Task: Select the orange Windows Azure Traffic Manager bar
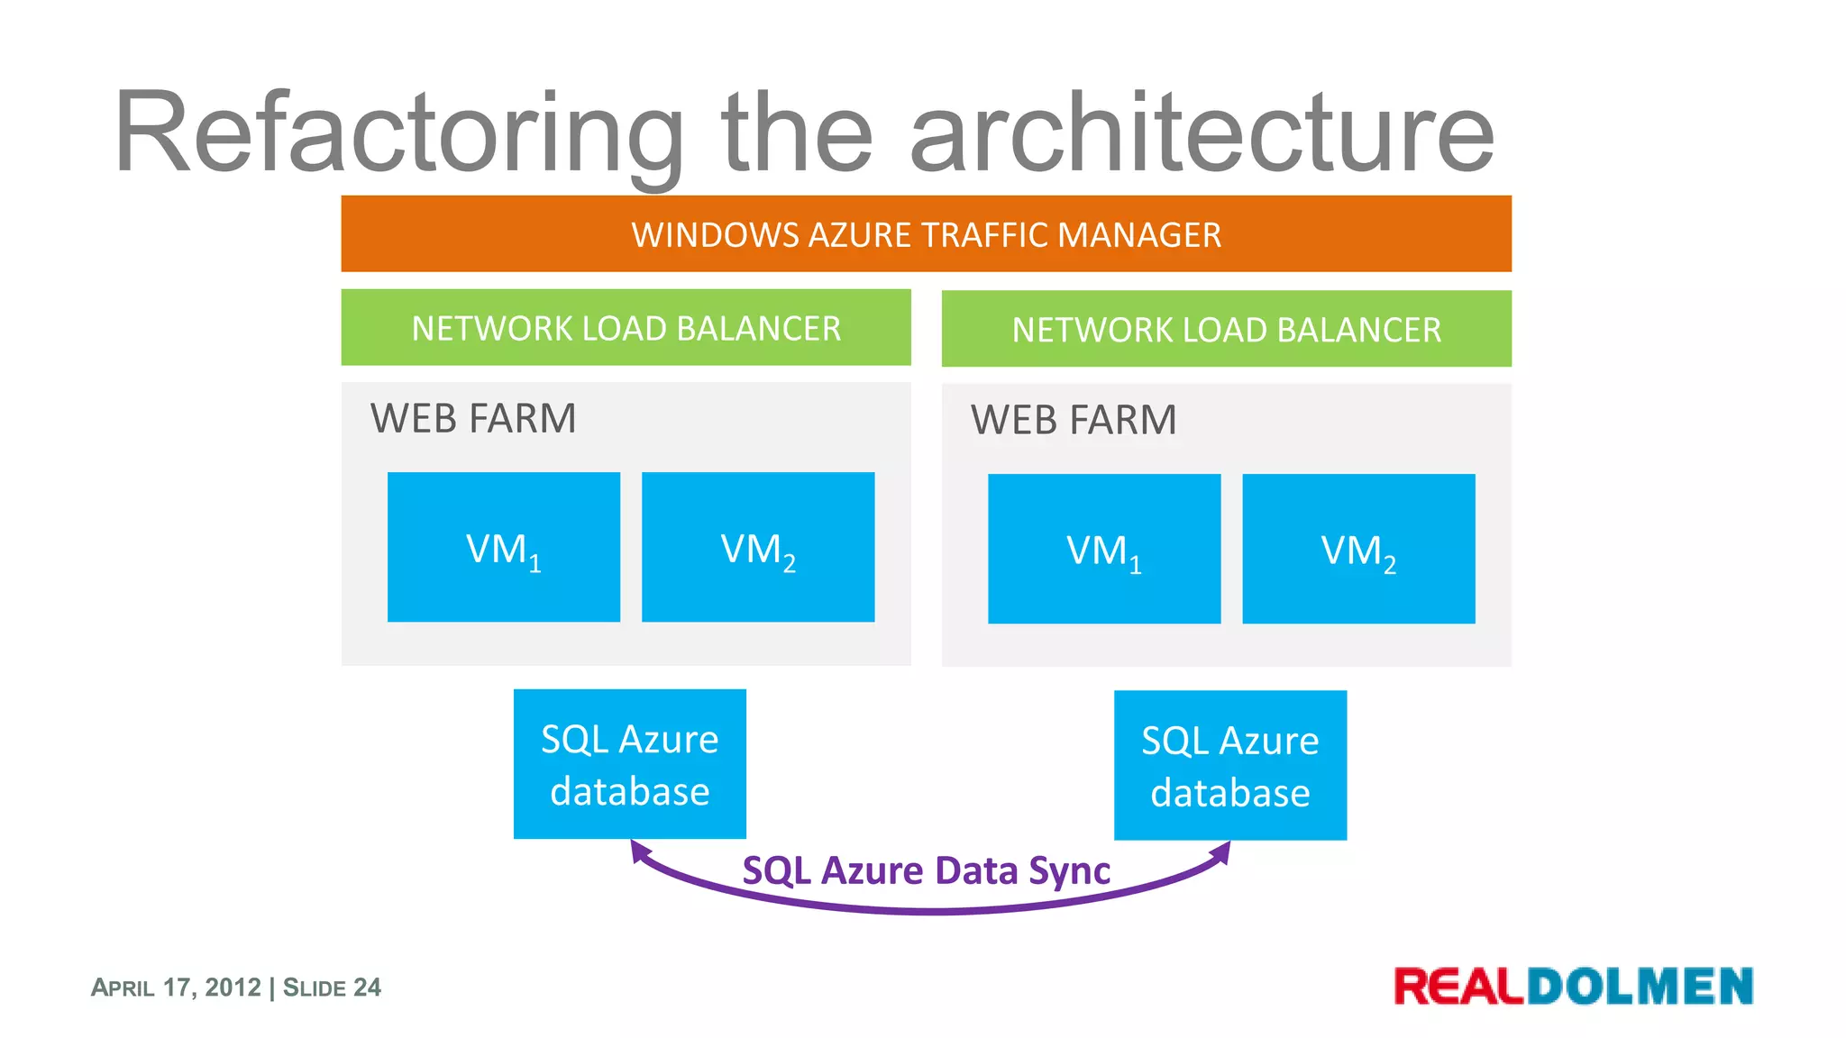click(x=926, y=234)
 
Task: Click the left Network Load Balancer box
click(x=626, y=328)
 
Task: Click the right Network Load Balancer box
click(x=1226, y=330)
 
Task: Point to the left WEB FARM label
click(x=473, y=419)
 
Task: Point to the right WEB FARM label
click(x=1074, y=421)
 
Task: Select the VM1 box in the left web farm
click(x=503, y=547)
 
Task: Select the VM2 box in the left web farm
click(x=757, y=547)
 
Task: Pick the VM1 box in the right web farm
click(x=1103, y=549)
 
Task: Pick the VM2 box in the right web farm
click(x=1357, y=549)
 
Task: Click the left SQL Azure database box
click(x=629, y=764)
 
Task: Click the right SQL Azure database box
click(x=1229, y=766)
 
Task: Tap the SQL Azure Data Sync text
click(x=926, y=871)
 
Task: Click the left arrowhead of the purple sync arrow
click(x=639, y=851)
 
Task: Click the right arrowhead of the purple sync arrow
click(x=1222, y=851)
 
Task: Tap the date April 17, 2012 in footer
click(x=176, y=988)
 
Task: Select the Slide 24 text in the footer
click(x=332, y=988)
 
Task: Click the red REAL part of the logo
click(x=1458, y=987)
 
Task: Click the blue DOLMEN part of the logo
click(x=1640, y=987)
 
